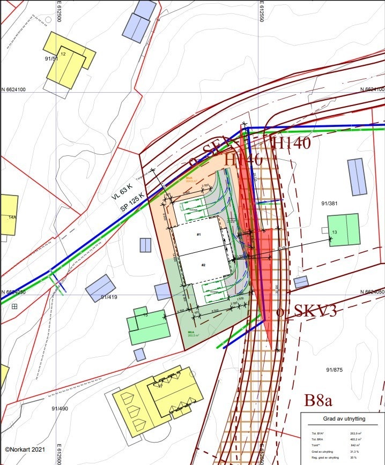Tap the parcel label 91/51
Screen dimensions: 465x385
click(51, 59)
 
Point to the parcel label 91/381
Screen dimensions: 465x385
click(329, 204)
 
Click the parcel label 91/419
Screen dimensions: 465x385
click(109, 297)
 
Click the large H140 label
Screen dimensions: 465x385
click(292, 144)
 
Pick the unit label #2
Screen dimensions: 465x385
click(204, 265)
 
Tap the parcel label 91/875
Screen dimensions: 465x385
click(334, 370)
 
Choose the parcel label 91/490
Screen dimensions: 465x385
click(60, 409)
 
